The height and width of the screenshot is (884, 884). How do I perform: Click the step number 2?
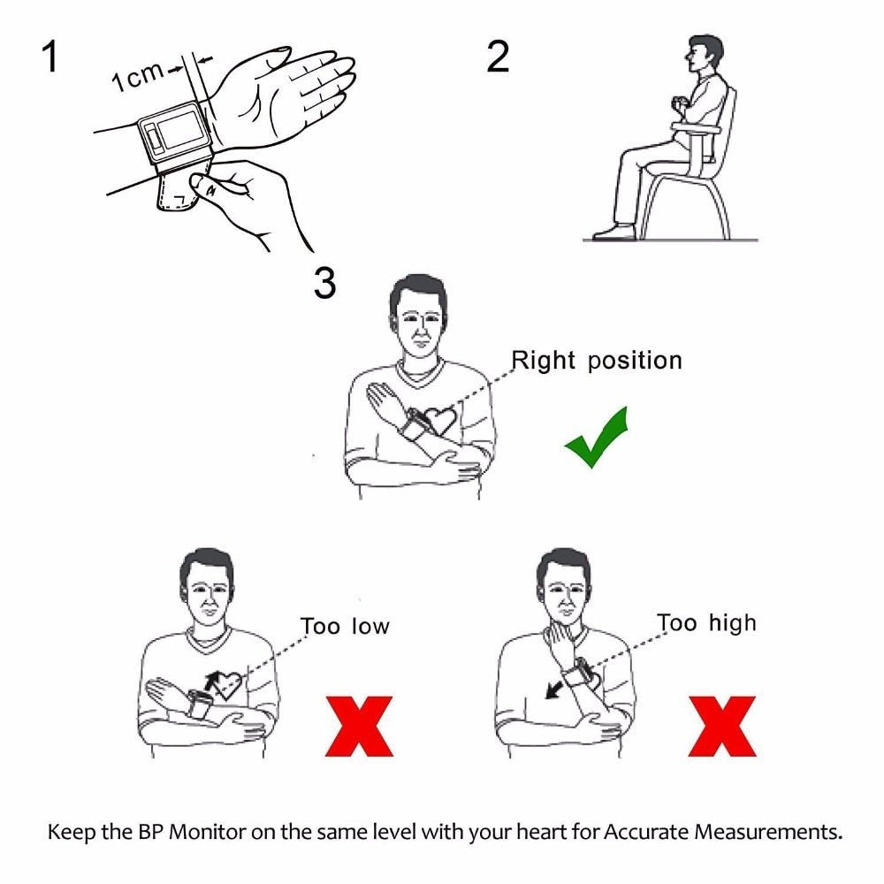click(498, 57)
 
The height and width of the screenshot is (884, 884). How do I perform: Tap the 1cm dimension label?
click(137, 78)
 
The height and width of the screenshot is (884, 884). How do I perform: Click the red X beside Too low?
click(358, 726)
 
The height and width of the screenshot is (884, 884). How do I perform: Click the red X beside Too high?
click(721, 726)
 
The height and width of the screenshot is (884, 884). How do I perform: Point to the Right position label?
click(597, 361)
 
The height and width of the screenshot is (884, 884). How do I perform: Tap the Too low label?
click(345, 627)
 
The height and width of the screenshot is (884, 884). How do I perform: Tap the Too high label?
click(706, 623)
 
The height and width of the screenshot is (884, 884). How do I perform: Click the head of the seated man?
click(705, 55)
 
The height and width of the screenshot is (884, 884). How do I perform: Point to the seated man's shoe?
click(614, 232)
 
